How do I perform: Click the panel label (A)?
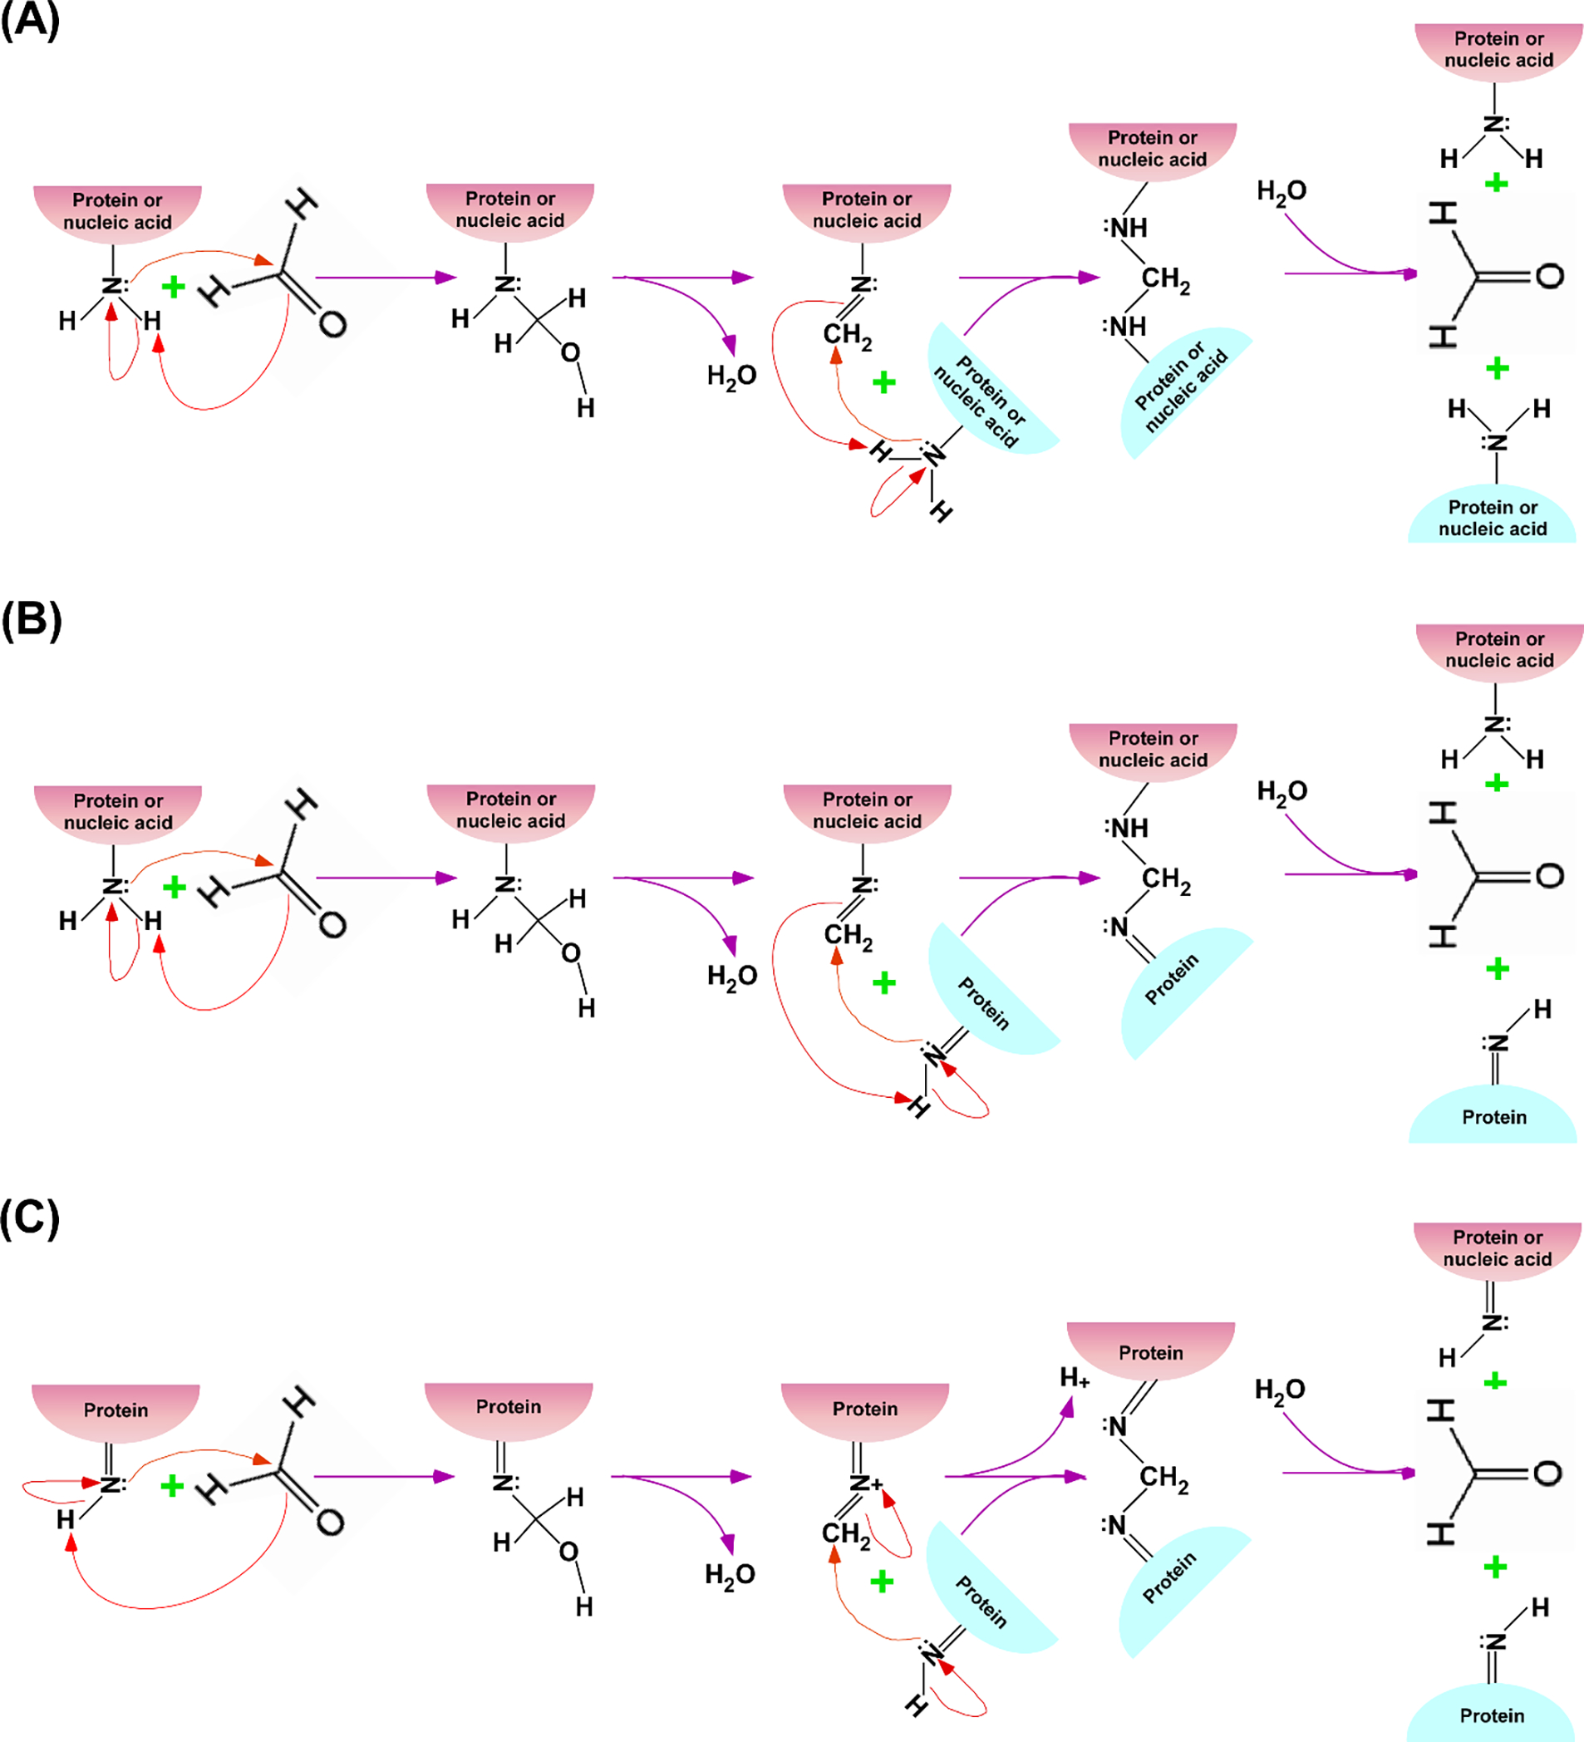pyautogui.click(x=29, y=20)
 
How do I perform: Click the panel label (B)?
pyautogui.click(x=31, y=619)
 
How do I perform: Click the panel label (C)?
pyautogui.click(x=29, y=1218)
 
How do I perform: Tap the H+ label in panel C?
pyautogui.click(x=1075, y=1377)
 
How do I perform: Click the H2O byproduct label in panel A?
pyautogui.click(x=731, y=376)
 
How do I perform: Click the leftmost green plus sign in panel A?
pyautogui.click(x=174, y=286)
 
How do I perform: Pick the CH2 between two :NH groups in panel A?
pyautogui.click(x=1164, y=279)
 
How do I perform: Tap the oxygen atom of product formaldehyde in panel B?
pyautogui.click(x=1549, y=876)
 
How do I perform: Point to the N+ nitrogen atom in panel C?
pyautogui.click(x=861, y=1484)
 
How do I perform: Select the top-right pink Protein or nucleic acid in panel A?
pyautogui.click(x=1498, y=50)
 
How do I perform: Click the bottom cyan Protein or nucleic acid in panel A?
pyautogui.click(x=1492, y=517)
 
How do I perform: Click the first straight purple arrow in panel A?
pyautogui.click(x=385, y=278)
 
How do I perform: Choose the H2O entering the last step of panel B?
pyautogui.click(x=1281, y=791)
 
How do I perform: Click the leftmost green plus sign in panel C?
pyautogui.click(x=172, y=1485)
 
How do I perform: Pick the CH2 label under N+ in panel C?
pyautogui.click(x=845, y=1533)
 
